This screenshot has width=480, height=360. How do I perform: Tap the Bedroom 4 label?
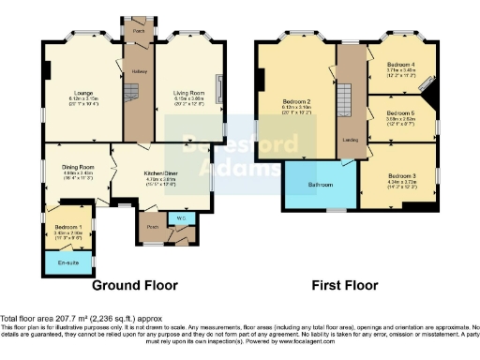click(x=401, y=65)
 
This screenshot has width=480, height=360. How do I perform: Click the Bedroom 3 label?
click(x=401, y=175)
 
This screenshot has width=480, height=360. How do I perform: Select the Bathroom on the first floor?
click(x=319, y=185)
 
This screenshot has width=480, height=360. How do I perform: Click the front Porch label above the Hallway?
click(x=138, y=30)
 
